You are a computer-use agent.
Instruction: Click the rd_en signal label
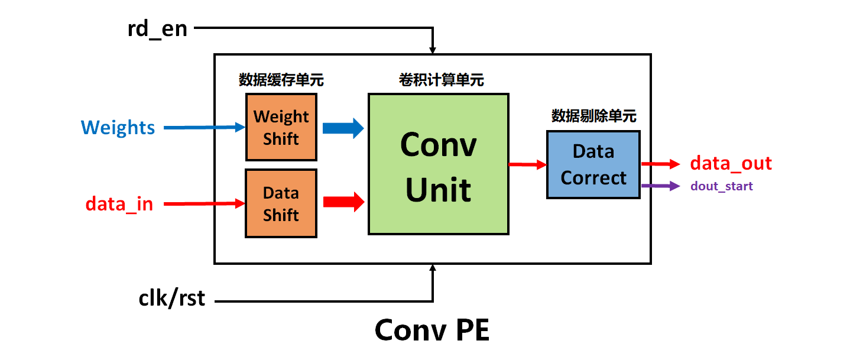click(157, 28)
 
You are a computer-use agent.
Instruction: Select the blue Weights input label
click(118, 128)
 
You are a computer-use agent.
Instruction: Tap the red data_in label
click(119, 204)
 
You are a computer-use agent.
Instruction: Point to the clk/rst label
click(172, 298)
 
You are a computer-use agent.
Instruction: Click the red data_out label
click(731, 163)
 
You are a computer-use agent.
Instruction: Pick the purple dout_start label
click(721, 186)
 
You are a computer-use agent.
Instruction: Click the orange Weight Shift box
click(281, 127)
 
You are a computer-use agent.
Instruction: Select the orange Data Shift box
click(281, 203)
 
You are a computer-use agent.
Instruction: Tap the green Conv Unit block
click(438, 164)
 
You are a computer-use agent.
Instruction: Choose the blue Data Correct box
click(593, 164)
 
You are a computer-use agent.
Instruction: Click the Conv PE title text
click(432, 330)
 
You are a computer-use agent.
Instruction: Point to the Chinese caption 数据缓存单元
click(281, 80)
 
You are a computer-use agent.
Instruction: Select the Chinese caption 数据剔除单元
click(593, 116)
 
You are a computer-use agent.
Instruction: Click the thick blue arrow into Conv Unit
click(343, 127)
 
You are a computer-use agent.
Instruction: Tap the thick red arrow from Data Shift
click(343, 201)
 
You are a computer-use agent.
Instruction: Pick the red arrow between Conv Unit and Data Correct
click(527, 164)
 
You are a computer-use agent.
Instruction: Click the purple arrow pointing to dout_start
click(660, 186)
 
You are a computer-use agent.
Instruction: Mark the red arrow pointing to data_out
click(660, 164)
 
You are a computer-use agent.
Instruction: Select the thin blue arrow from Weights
click(204, 127)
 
